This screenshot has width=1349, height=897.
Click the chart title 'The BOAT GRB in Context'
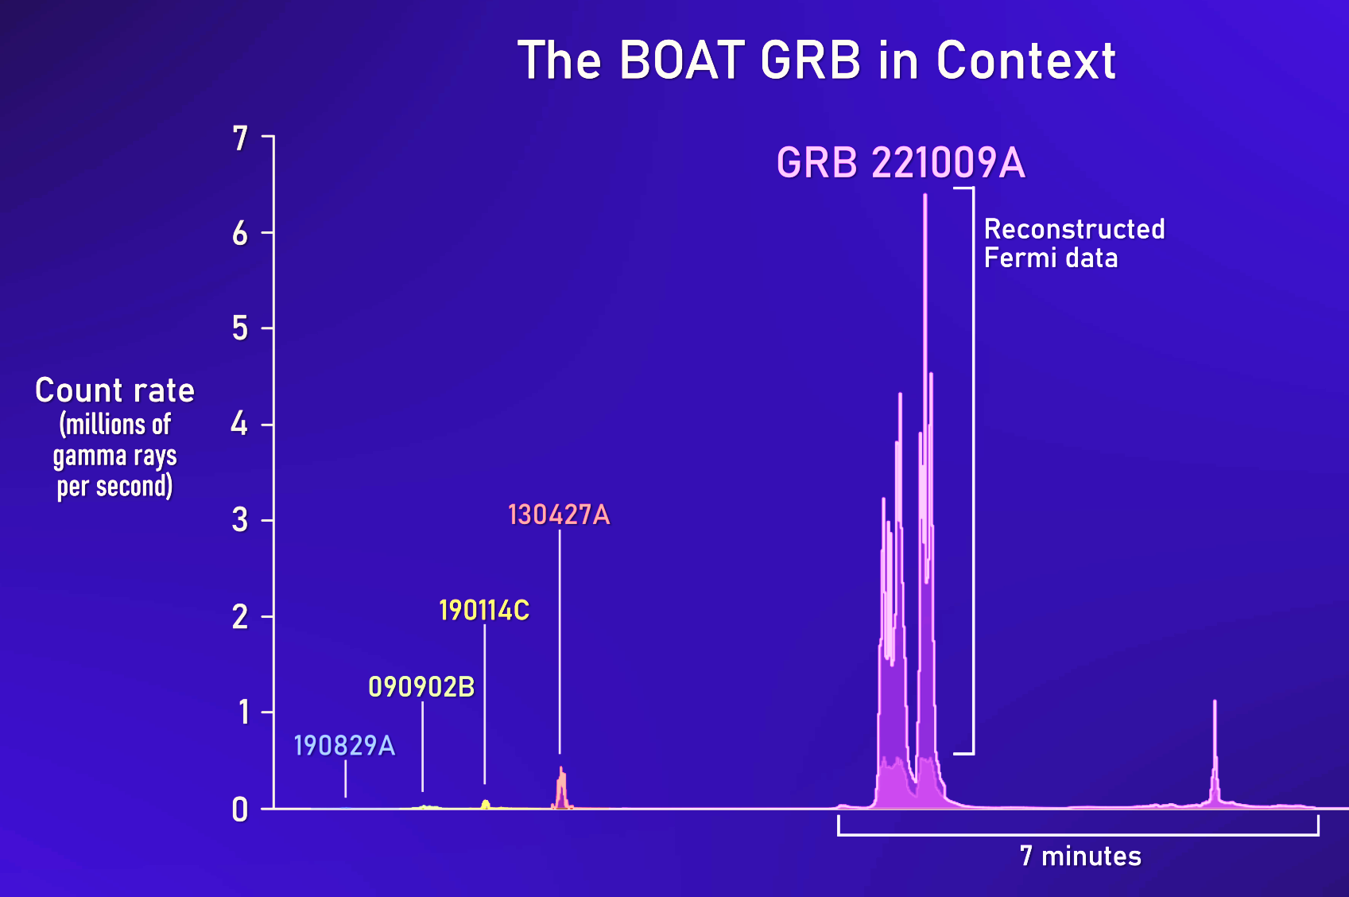point(816,60)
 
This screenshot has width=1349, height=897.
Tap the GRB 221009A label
point(901,163)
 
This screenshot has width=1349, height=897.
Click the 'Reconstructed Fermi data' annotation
point(1074,243)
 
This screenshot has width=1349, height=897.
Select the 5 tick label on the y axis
point(240,329)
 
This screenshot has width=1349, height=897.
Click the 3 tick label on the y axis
point(240,521)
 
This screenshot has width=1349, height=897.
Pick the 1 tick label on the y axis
point(243,713)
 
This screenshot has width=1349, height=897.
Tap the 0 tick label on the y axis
point(240,810)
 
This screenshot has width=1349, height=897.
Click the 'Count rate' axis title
point(114,390)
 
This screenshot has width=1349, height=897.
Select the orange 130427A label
point(559,515)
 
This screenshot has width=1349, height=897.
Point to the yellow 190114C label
point(484,611)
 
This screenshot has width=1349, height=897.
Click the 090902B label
point(421,687)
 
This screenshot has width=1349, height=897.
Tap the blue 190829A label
point(344,746)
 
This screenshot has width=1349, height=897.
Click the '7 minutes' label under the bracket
point(1080,856)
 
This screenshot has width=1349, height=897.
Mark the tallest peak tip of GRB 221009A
point(925,195)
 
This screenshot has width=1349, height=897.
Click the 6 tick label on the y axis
point(240,233)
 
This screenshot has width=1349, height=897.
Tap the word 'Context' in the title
point(1025,60)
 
